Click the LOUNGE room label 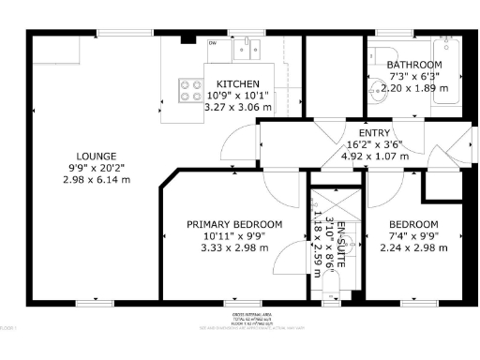point(97,155)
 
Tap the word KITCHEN point(232,83)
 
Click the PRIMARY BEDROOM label point(234,224)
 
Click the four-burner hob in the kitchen point(191,90)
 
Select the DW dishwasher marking point(213,42)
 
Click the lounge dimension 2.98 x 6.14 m point(97,179)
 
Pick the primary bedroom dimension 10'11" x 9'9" point(234,236)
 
